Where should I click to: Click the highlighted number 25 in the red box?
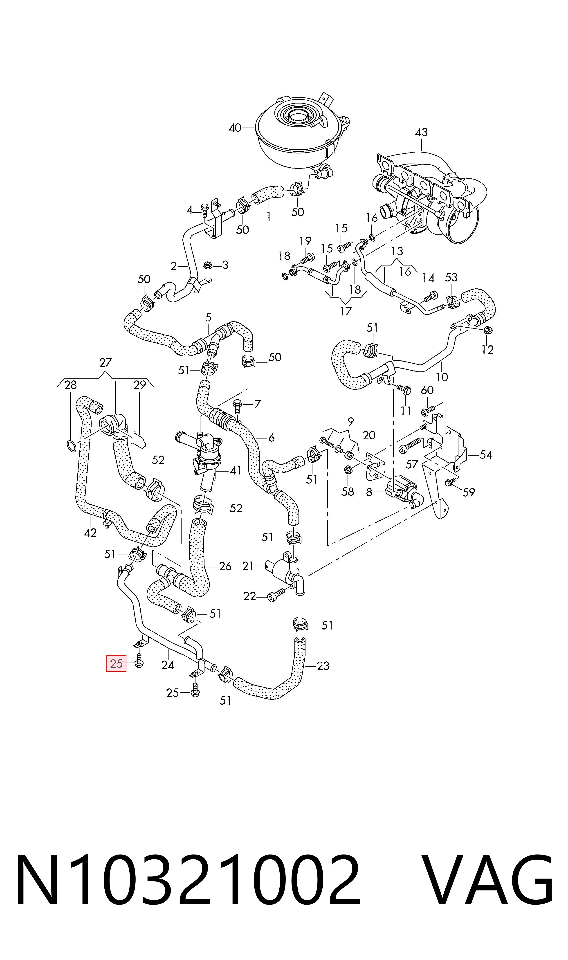[116, 663]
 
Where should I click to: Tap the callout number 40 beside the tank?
[235, 128]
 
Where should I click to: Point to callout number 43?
[421, 133]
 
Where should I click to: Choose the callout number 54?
[486, 454]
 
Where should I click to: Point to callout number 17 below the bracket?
[346, 311]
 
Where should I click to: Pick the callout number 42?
[90, 533]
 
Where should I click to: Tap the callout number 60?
[427, 390]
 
